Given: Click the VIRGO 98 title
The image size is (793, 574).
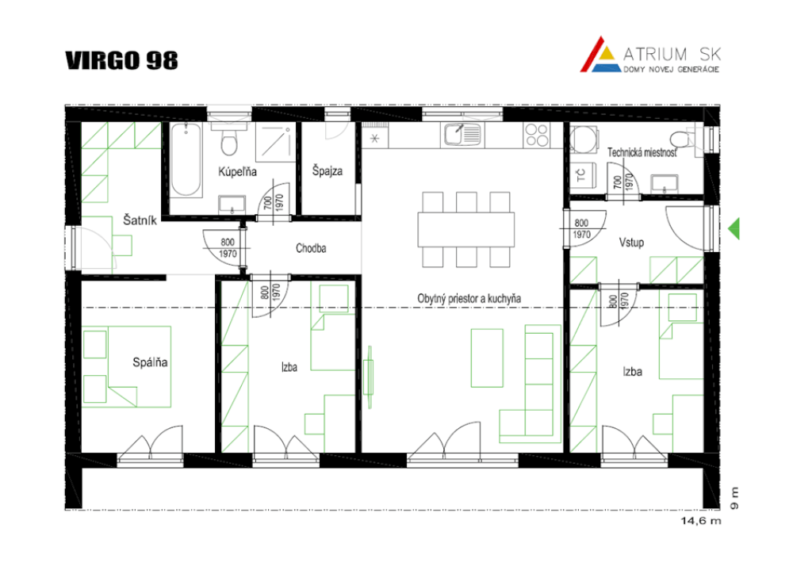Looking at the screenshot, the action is pyautogui.click(x=121, y=60).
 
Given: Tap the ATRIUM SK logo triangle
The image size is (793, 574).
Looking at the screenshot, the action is pyautogui.click(x=600, y=55).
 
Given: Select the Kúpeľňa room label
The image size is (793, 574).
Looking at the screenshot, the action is pyautogui.click(x=237, y=172).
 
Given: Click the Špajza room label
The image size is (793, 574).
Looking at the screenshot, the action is pyautogui.click(x=328, y=171).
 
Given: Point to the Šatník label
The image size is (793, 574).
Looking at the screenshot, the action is pyautogui.click(x=140, y=220).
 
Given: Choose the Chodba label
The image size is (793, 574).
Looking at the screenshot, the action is pyautogui.click(x=311, y=248).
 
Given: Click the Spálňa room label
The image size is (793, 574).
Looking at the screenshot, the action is pyautogui.click(x=150, y=362).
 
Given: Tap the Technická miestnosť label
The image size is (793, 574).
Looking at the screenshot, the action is pyautogui.click(x=642, y=152).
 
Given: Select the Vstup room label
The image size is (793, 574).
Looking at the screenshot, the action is pyautogui.click(x=632, y=243).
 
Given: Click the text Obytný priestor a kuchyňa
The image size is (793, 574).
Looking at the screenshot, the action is pyautogui.click(x=469, y=298).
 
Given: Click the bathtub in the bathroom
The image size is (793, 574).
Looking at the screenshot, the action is pyautogui.click(x=186, y=159).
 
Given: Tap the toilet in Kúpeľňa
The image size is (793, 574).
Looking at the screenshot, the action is pyautogui.click(x=229, y=140).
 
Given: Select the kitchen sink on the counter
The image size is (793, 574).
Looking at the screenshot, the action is pyautogui.click(x=462, y=135).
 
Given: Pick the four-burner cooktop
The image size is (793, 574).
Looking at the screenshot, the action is pyautogui.click(x=537, y=135).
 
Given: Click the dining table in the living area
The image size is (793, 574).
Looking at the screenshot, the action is pyautogui.click(x=465, y=230).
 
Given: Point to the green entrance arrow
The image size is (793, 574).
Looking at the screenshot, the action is pyautogui.click(x=734, y=228).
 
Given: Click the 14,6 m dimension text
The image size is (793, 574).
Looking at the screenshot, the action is pyautogui.click(x=701, y=520).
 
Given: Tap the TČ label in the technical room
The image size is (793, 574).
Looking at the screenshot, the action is pyautogui.click(x=581, y=175).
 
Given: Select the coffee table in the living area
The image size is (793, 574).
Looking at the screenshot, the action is pyautogui.click(x=487, y=358).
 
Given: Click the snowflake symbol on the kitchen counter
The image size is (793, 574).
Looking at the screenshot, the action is pyautogui.click(x=375, y=138).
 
